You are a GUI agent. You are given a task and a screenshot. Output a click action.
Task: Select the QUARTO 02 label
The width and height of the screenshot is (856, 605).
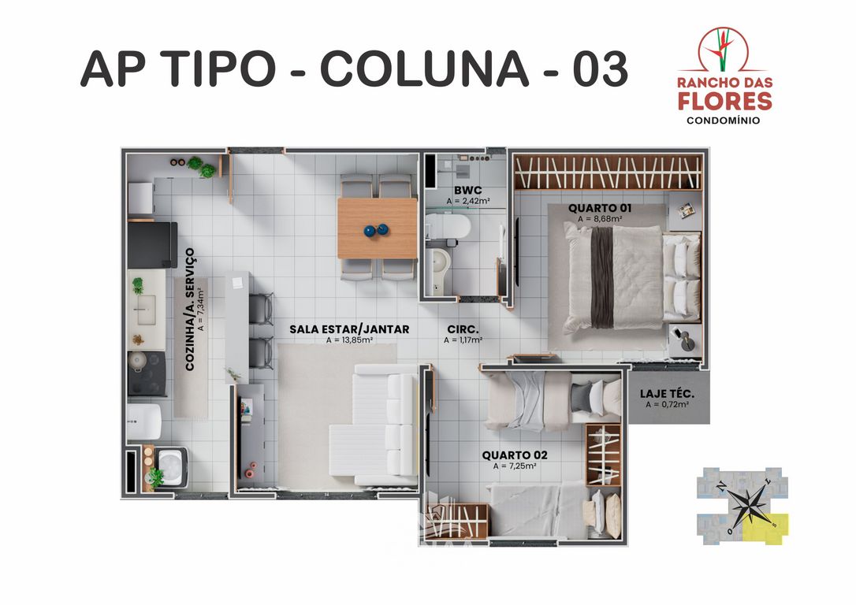(514, 455)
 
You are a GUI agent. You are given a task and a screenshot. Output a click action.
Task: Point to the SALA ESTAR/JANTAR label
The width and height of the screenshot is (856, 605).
(349, 329)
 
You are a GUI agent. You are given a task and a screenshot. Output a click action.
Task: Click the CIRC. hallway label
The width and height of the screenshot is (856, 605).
(463, 329)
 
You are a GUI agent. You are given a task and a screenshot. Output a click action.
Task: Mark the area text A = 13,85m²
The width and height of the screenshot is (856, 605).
(349, 340)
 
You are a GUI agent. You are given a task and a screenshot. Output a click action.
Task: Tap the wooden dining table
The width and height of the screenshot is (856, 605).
(377, 228)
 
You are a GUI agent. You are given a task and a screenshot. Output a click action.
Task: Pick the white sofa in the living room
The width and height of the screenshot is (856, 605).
(377, 425)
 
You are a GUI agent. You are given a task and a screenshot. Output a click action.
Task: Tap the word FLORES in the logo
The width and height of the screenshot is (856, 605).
(725, 101)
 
